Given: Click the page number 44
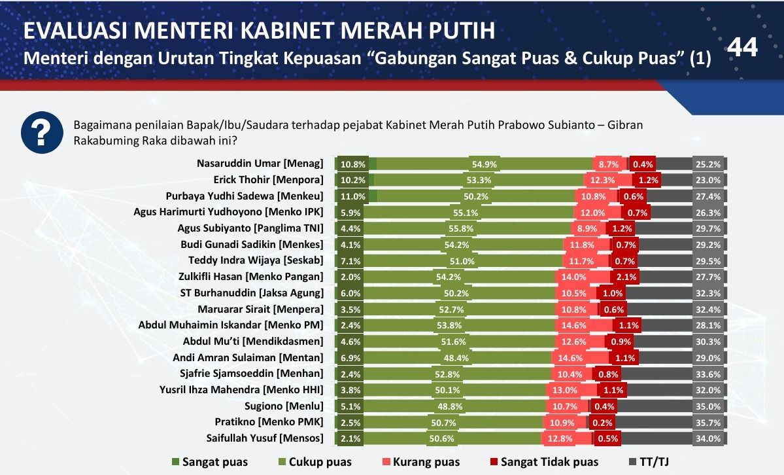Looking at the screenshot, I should click(x=743, y=48).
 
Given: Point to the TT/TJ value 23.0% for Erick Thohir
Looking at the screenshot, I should click(x=709, y=180).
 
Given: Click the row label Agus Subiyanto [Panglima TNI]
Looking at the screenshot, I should click(x=250, y=228).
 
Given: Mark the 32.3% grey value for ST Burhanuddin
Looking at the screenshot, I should click(x=709, y=293).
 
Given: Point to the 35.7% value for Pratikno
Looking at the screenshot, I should click(x=709, y=423).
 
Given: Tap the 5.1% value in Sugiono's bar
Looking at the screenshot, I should click(x=347, y=406).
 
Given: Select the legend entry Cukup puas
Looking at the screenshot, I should click(x=320, y=462).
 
